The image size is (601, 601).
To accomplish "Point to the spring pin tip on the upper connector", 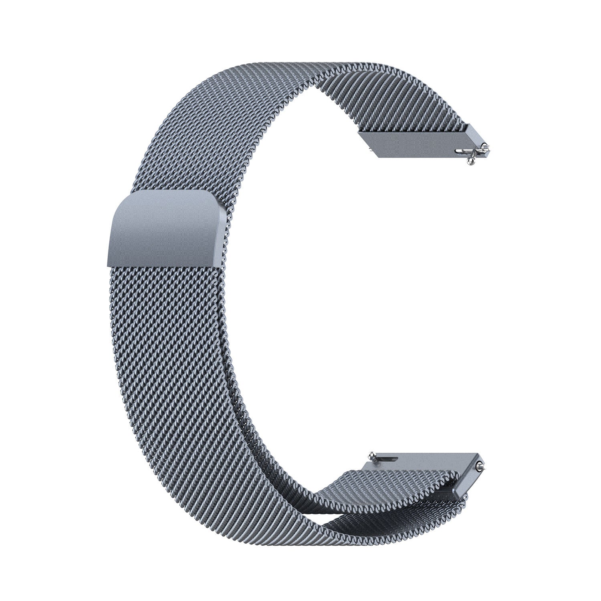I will coord(486,149).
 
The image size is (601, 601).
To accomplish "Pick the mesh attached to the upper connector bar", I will coord(401,108).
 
